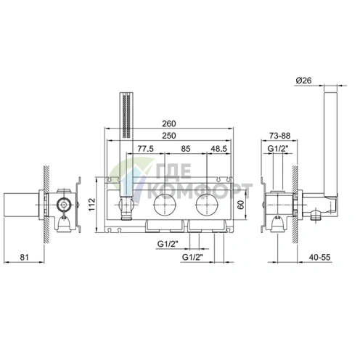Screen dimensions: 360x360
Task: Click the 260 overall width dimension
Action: (168, 123)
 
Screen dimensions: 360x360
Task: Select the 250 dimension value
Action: (168, 136)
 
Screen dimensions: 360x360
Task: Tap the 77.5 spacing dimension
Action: (145, 149)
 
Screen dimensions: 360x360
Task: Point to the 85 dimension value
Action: (186, 149)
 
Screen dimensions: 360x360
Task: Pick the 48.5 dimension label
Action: (218, 149)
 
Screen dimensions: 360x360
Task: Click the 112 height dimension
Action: (92, 205)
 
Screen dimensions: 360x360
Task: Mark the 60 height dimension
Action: (242, 205)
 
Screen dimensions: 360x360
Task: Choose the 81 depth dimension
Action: (24, 257)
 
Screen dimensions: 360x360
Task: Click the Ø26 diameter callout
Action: (303, 81)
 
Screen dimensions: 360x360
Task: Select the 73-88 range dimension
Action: (279, 136)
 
